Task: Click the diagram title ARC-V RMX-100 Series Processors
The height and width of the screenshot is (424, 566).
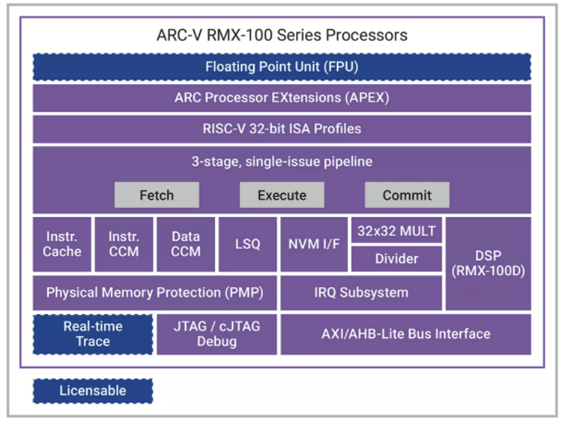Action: (281, 35)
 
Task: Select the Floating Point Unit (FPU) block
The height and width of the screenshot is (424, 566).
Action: (281, 68)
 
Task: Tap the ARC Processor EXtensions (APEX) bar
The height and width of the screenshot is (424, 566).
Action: (281, 98)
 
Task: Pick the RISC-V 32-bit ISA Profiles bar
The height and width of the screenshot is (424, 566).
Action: (281, 129)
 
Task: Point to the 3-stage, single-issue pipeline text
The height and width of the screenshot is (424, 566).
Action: (281, 162)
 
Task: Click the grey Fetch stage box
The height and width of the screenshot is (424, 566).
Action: (156, 195)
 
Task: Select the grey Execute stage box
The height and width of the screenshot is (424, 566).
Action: (282, 195)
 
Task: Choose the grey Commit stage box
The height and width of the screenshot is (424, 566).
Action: (407, 195)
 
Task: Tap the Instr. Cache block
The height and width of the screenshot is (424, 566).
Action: (62, 244)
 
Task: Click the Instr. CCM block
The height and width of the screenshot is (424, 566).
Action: (124, 244)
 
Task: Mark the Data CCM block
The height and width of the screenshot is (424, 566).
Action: (186, 244)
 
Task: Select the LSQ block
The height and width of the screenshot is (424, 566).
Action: (247, 244)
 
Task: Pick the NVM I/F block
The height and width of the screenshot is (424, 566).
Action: (314, 244)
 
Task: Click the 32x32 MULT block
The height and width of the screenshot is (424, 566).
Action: (396, 231)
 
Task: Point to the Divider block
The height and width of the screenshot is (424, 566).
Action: (396, 259)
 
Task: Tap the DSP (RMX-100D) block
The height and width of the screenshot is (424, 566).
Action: (488, 263)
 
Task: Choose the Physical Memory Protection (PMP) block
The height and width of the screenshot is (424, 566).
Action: (154, 292)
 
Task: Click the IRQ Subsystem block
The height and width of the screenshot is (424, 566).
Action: (361, 292)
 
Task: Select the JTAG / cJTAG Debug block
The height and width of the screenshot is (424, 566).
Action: (216, 334)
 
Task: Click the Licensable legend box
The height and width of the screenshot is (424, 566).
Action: (92, 391)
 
